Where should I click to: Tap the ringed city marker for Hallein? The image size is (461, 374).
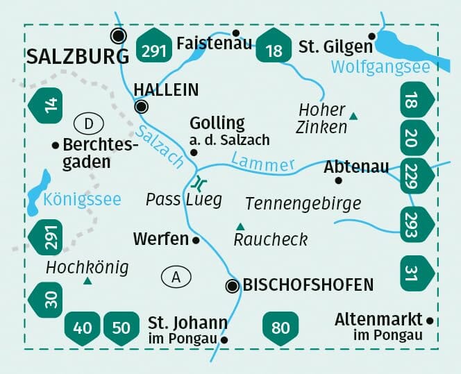pyautogui.click(x=142, y=106)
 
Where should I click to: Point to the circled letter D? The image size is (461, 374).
pyautogui.click(x=88, y=124)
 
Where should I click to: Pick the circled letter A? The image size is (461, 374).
pyautogui.click(x=176, y=277)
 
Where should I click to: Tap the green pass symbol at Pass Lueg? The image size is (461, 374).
pyautogui.click(x=199, y=183)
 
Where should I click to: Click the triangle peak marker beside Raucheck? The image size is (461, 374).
pyautogui.click(x=240, y=226)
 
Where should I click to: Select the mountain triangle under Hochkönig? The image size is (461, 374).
pyautogui.click(x=87, y=281)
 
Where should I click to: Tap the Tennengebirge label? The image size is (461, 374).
pyautogui.click(x=303, y=203)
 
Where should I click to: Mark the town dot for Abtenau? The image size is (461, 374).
pyautogui.click(x=338, y=180)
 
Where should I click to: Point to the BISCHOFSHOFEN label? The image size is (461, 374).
pyautogui.click(x=308, y=284)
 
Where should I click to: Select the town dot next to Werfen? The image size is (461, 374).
pyautogui.click(x=196, y=240)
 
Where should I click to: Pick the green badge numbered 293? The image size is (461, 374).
pyautogui.click(x=417, y=222)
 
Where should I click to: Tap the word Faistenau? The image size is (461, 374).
pyautogui.click(x=205, y=43)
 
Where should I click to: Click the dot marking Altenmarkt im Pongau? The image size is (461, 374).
pyautogui.click(x=430, y=321)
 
